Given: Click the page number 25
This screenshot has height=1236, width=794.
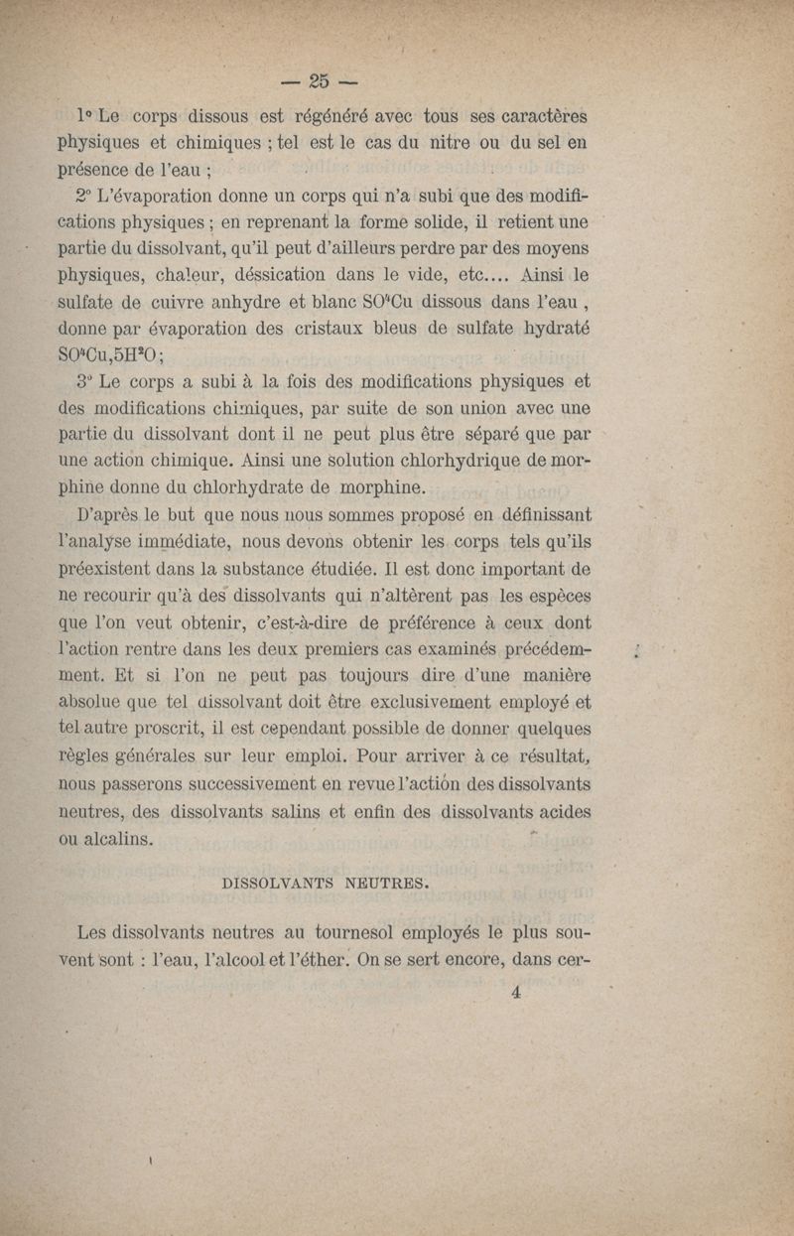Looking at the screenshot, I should (x=318, y=79).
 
